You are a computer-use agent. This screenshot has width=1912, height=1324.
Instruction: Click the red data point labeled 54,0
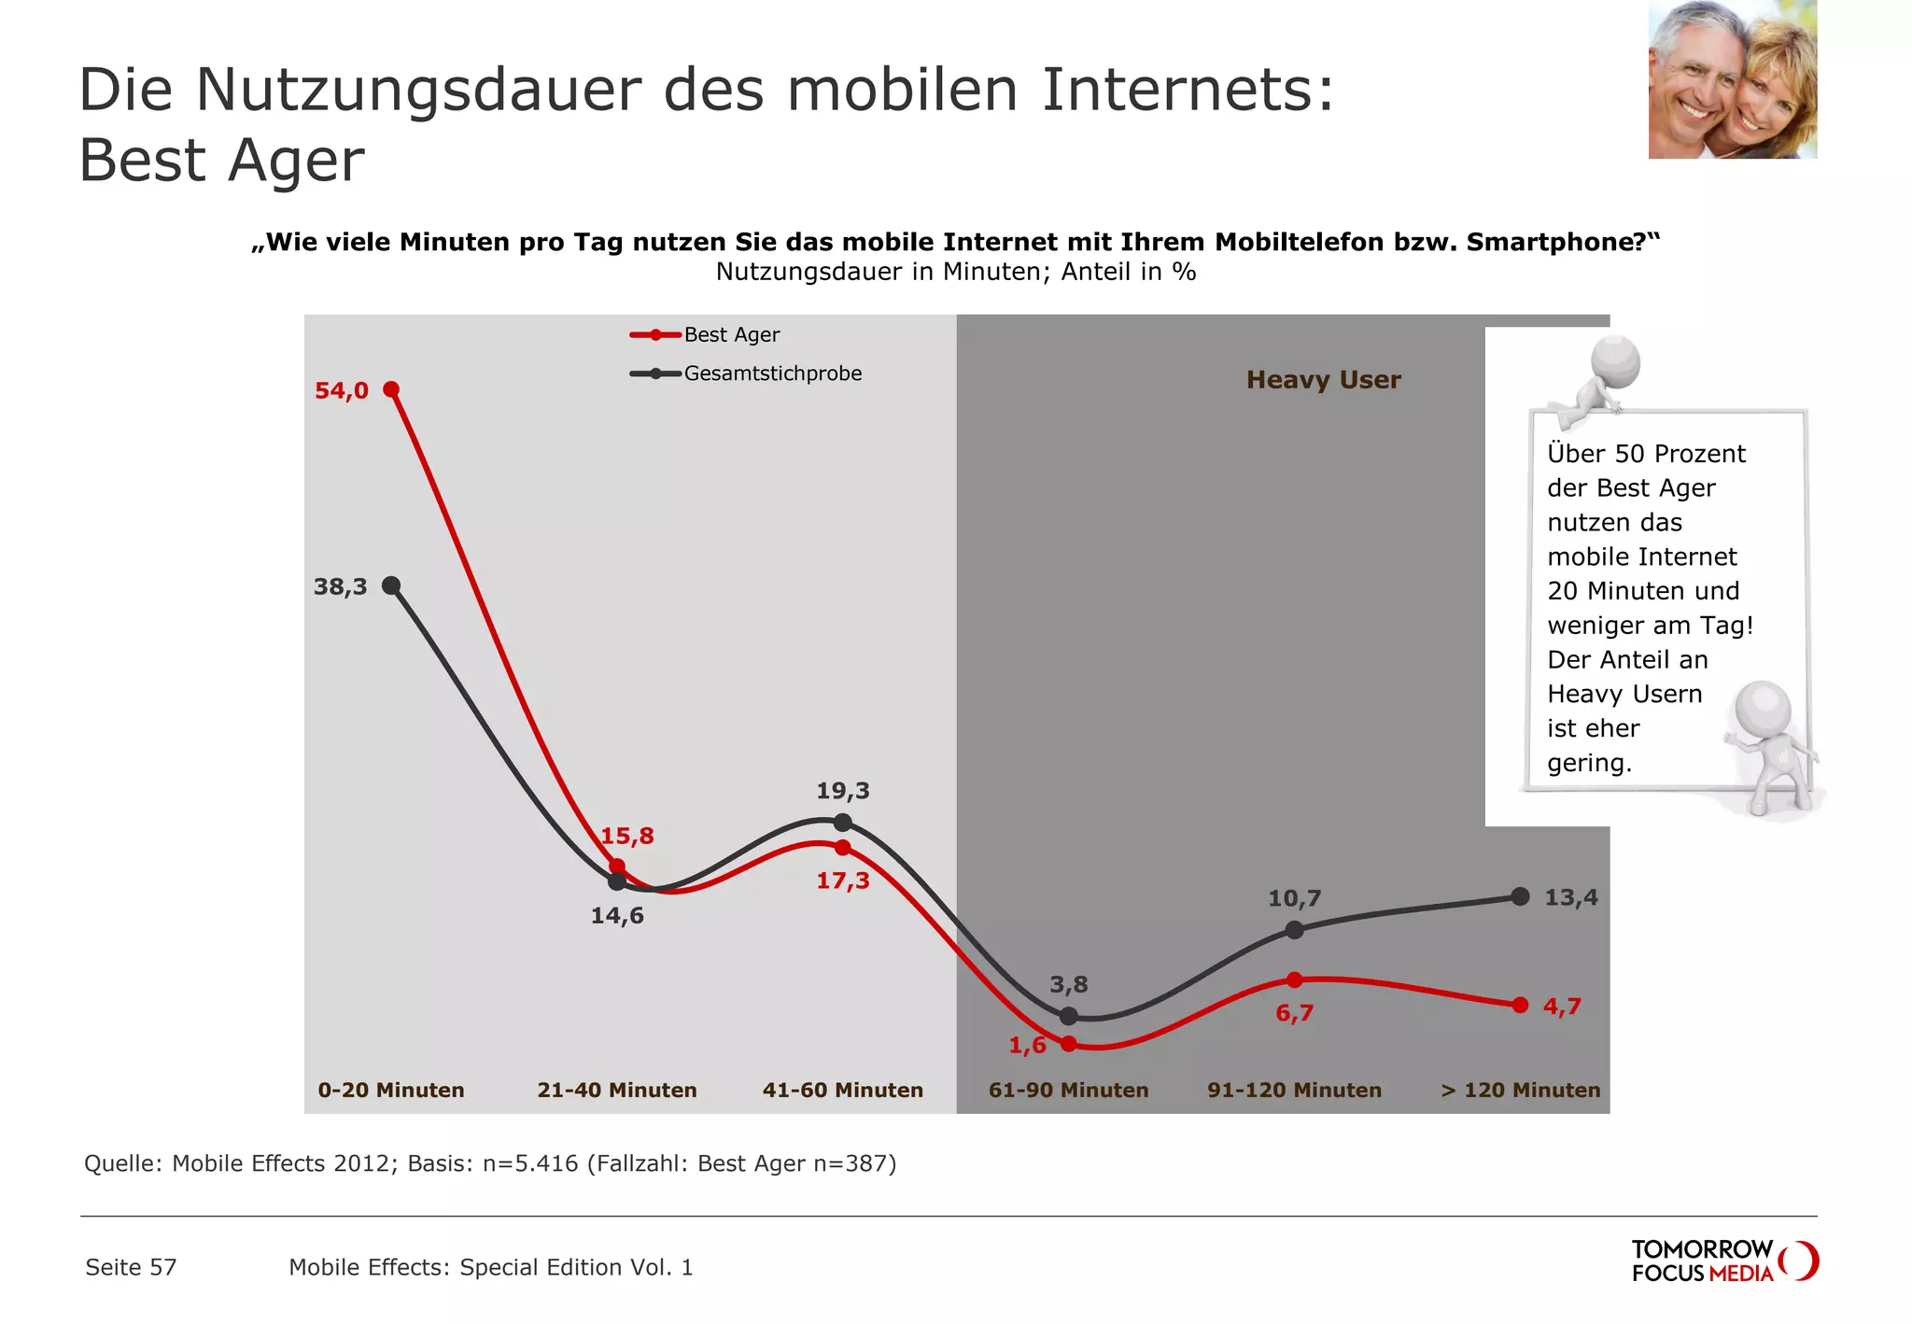391,389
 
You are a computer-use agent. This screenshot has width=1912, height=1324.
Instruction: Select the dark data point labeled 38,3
392,585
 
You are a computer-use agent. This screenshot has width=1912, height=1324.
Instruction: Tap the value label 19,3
842,791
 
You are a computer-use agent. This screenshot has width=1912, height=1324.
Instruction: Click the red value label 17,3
842,880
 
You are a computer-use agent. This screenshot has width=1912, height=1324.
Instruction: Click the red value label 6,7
1294,1013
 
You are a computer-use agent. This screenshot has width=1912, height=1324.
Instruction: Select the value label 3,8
1068,984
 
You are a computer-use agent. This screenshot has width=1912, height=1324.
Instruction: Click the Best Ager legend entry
705,334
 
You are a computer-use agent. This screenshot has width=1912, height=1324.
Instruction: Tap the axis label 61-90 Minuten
1068,1090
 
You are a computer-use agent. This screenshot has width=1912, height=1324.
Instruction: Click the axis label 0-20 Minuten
390,1090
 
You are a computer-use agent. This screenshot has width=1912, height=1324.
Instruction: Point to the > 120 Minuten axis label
1520,1090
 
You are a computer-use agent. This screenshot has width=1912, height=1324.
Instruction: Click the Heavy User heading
1323,380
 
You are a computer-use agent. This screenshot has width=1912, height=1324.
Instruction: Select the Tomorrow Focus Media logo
1723,1261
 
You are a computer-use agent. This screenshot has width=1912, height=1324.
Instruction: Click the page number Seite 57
131,1267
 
